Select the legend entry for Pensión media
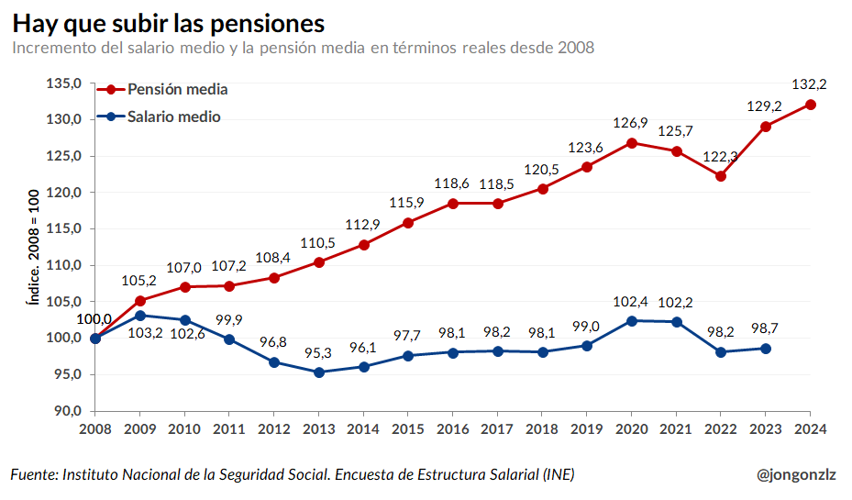click(x=177, y=89)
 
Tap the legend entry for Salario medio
click(x=173, y=117)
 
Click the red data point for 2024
click(x=811, y=105)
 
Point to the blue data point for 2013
click(x=319, y=372)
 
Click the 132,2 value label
click(x=809, y=83)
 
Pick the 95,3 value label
click(x=319, y=352)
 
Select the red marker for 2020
click(x=632, y=143)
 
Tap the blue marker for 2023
click(x=766, y=349)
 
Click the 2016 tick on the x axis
click(x=453, y=428)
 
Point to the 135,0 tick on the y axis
click(x=64, y=83)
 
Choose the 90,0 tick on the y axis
click(x=66, y=411)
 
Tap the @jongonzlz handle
click(x=796, y=474)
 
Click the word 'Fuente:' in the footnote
click(x=34, y=474)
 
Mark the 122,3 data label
click(x=721, y=156)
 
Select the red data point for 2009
click(x=140, y=301)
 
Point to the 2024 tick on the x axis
click(x=811, y=428)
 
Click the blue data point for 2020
click(x=632, y=321)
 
